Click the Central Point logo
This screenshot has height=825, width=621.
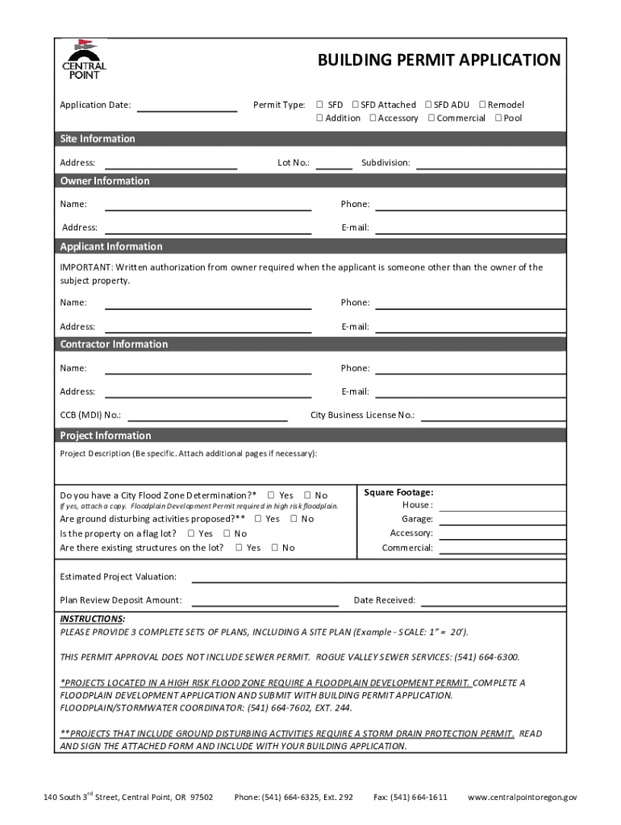[x=84, y=60]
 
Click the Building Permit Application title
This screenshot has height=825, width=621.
[x=439, y=60]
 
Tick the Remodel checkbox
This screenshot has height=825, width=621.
[x=482, y=105]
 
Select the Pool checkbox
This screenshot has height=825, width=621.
[x=498, y=118]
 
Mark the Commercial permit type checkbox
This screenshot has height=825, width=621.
[x=431, y=118]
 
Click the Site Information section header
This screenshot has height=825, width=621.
[x=98, y=139]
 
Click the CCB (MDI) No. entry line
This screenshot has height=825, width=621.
[x=207, y=418]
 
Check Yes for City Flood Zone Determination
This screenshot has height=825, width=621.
[x=271, y=495]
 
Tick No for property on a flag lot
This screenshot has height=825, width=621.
[x=227, y=533]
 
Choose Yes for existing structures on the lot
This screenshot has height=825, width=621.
[x=239, y=548]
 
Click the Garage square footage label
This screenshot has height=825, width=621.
[x=417, y=519]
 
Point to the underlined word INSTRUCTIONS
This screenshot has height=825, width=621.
[x=92, y=619]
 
